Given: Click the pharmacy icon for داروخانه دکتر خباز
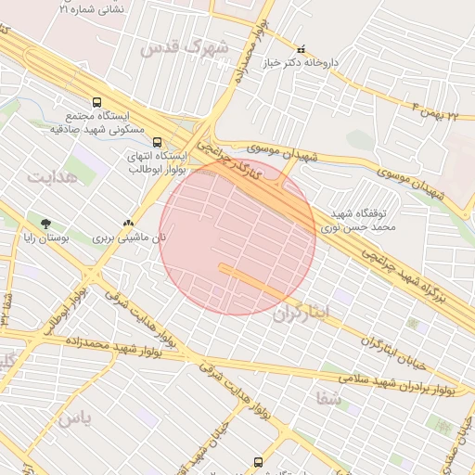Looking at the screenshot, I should point(301,49).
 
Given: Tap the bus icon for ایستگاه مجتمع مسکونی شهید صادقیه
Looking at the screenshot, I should point(96,103).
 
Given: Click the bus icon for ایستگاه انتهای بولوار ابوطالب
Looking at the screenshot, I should point(157,143).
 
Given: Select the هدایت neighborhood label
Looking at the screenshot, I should point(51,176).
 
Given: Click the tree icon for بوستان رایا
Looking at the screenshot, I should point(45,223).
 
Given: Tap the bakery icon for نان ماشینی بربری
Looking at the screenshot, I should point(128,223).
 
